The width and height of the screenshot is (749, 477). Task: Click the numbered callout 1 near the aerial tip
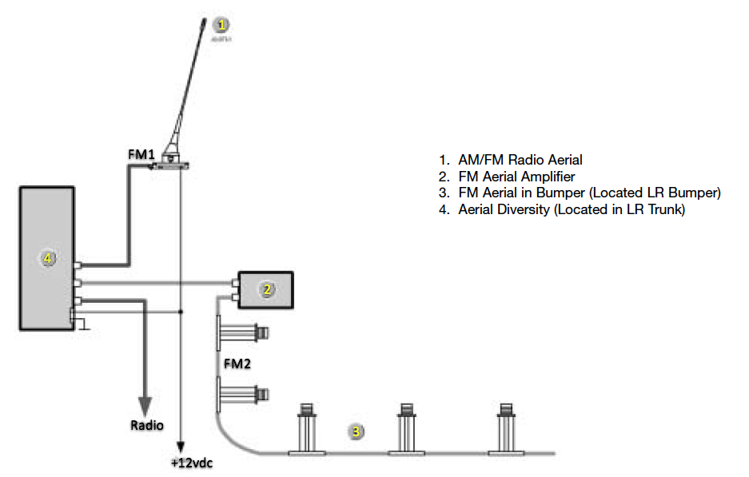(222, 24)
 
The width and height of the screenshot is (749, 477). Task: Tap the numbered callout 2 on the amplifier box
(267, 289)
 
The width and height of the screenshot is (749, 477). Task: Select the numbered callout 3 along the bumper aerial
(357, 431)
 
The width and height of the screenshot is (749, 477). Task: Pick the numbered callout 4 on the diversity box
(49, 258)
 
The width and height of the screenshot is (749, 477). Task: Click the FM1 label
(142, 152)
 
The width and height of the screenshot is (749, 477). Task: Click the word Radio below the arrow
(147, 425)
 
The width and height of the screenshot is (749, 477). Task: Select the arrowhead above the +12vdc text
(182, 447)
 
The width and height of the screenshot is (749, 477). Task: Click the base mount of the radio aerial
(172, 163)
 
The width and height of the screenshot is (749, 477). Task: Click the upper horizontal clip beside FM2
(245, 332)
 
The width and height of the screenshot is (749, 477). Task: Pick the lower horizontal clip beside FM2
(245, 393)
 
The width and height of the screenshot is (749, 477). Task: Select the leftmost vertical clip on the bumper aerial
(306, 429)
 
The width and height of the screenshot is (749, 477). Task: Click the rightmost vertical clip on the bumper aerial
(506, 429)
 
